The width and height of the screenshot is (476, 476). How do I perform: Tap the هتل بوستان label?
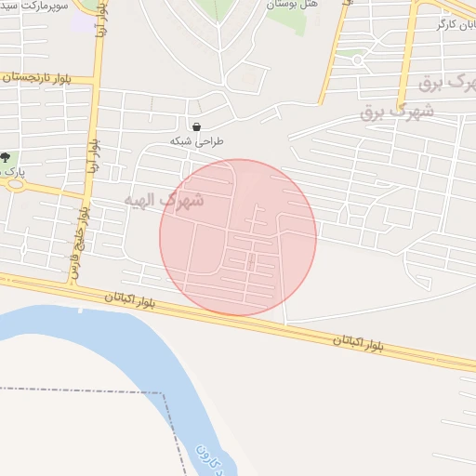click(x=292, y=5)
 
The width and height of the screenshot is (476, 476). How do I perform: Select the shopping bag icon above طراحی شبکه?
click(x=196, y=126)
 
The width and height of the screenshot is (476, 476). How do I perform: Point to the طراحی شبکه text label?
click(x=197, y=141)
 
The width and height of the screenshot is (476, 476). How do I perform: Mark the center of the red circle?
click(x=238, y=237)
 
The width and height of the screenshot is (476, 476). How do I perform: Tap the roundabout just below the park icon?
click(x=14, y=182)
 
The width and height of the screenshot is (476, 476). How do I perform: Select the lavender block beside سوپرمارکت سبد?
click(x=83, y=22)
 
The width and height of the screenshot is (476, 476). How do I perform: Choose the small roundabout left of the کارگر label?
click(x=417, y=21)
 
